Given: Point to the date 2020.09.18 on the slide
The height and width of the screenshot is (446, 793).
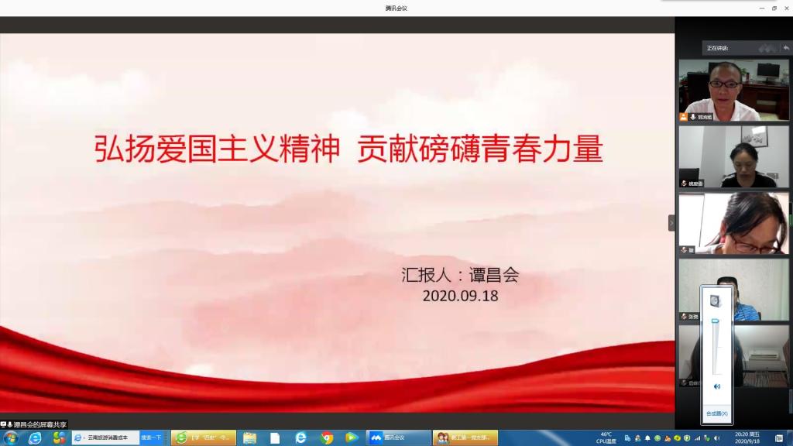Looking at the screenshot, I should (x=460, y=296).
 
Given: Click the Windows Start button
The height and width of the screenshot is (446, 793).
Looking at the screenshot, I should (x=11, y=438).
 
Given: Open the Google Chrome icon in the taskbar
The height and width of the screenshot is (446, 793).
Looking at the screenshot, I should (x=327, y=438).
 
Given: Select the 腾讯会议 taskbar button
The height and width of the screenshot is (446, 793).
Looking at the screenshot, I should (x=399, y=438).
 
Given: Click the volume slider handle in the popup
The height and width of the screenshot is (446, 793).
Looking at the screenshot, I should (x=716, y=321).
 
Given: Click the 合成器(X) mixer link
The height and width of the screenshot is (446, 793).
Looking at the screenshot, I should (x=716, y=413).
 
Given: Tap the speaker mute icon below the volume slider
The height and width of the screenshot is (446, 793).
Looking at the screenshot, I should (x=716, y=386).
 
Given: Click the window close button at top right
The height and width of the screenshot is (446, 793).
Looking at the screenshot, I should (x=785, y=8).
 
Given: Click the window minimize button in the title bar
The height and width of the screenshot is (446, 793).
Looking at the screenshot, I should (x=762, y=8).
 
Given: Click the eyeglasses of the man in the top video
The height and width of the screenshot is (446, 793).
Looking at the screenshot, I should (x=724, y=84).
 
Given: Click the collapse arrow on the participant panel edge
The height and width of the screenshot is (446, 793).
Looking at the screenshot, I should (x=671, y=223).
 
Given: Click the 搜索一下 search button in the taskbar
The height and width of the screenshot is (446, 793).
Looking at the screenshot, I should (x=151, y=438).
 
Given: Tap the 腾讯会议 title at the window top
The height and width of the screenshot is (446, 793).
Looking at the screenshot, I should (x=396, y=8).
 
